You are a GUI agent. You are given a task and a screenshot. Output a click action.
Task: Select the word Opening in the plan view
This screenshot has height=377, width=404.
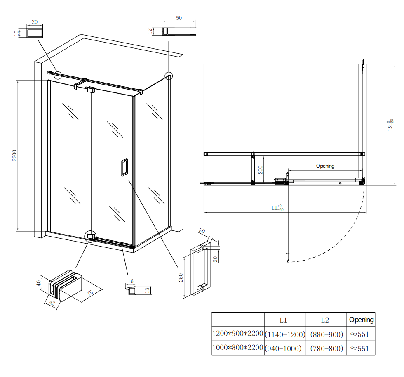(325, 166)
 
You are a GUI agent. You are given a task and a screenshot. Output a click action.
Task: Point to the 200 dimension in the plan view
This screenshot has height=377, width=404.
(260, 170)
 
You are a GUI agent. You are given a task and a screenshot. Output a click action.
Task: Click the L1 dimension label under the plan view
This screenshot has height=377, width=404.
(277, 208)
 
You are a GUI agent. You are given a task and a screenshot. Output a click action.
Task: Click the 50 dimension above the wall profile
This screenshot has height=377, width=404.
(179, 18)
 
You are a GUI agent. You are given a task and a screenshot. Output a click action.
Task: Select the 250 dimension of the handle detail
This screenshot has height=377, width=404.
(181, 277)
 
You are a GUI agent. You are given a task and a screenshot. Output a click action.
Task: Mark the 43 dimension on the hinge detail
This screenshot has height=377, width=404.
(52, 303)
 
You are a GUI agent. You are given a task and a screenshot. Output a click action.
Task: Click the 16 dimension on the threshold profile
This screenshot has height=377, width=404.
(131, 281)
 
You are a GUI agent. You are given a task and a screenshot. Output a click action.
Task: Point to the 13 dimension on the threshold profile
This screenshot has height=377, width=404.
(147, 290)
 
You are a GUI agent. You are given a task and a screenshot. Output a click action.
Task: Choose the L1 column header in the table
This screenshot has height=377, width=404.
(284, 320)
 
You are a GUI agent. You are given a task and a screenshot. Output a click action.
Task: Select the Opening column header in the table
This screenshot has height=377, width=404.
(361, 320)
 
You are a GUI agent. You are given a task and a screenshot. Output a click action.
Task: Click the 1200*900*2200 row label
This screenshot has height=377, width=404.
(237, 334)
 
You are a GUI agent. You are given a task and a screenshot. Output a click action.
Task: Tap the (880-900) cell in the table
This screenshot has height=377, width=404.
(326, 334)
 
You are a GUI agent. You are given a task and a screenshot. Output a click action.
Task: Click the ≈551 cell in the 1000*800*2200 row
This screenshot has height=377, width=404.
(359, 348)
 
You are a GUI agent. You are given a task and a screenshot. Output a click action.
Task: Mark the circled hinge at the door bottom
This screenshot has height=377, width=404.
(90, 237)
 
